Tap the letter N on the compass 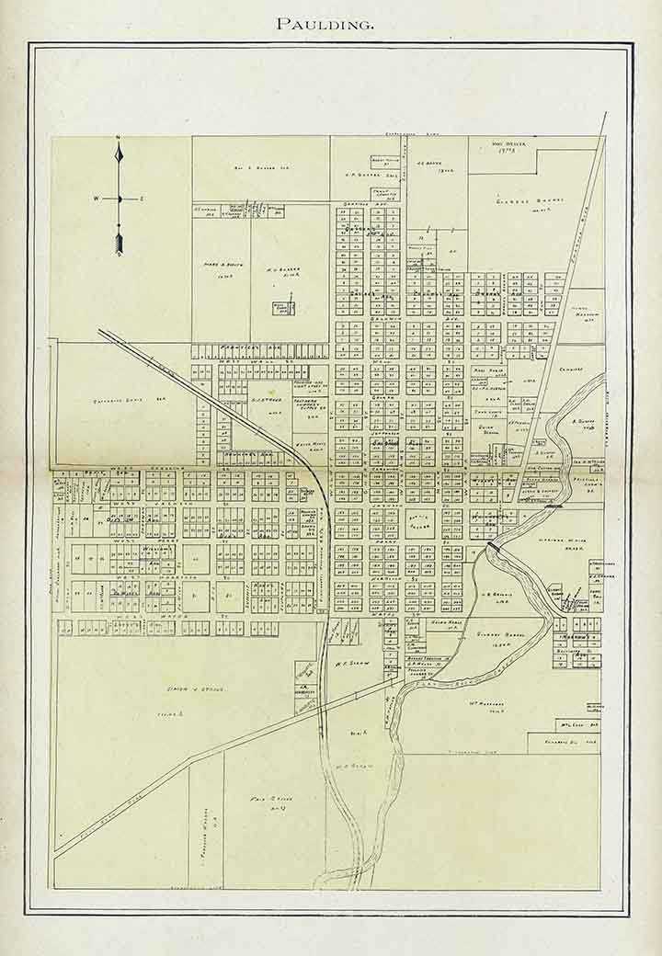coord(119,140)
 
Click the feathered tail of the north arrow coord(119,243)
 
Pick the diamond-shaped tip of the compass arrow coord(119,156)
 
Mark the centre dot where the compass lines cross coord(119,199)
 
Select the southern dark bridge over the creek coord(495,546)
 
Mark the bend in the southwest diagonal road coord(191,759)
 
